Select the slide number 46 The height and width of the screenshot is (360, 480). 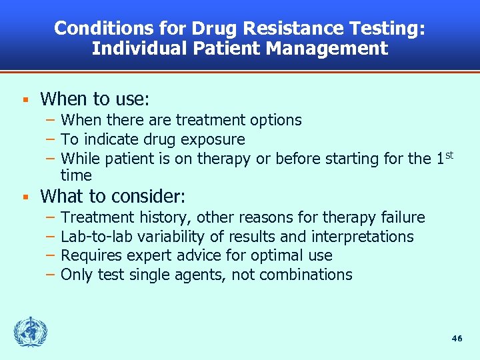click(x=457, y=338)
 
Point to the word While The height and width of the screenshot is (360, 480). click(x=79, y=159)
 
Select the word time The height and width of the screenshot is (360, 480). click(x=76, y=175)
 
